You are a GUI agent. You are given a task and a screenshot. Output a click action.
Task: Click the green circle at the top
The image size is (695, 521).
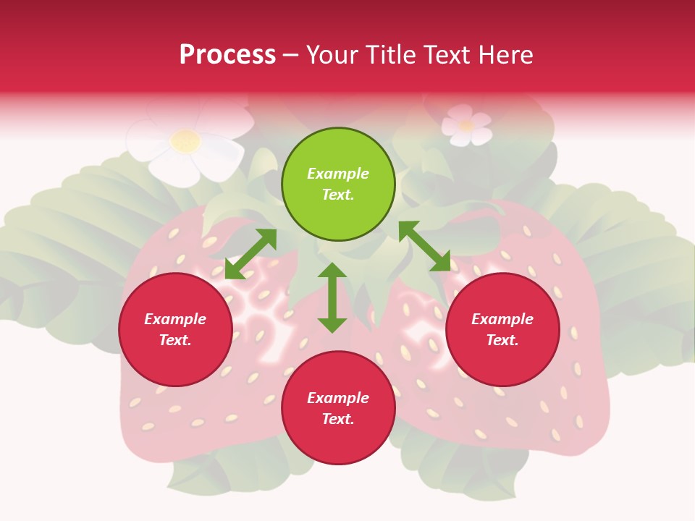pos(338,185)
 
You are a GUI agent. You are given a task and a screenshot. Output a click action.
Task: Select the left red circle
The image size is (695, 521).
pos(175,330)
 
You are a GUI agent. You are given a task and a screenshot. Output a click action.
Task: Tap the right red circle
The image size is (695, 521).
pos(502,330)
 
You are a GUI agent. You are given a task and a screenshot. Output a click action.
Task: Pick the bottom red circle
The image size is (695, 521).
pos(338,408)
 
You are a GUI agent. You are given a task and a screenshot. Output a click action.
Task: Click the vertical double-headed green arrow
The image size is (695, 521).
pos(332,297)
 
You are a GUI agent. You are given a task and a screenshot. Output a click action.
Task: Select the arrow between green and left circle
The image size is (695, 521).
pos(250,254)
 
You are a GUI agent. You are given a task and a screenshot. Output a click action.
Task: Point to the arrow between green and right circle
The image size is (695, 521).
pos(424,246)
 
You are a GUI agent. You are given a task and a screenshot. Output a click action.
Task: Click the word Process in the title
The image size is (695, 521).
pos(227,55)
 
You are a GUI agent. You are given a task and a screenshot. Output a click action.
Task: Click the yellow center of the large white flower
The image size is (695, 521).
pos(186,140)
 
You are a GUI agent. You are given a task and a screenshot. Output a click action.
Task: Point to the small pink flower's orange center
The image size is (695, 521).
pos(466,126)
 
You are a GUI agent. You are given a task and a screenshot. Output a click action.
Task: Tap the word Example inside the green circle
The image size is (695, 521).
pos(338,174)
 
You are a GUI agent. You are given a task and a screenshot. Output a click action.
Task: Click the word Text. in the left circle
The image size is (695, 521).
pos(175,340)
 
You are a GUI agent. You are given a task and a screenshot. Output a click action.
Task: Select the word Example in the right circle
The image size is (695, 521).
pos(502,319)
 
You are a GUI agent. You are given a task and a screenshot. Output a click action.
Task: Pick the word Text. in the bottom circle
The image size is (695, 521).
pos(338,419)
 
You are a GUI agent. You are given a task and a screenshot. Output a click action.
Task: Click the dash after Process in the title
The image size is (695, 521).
pos(291,55)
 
